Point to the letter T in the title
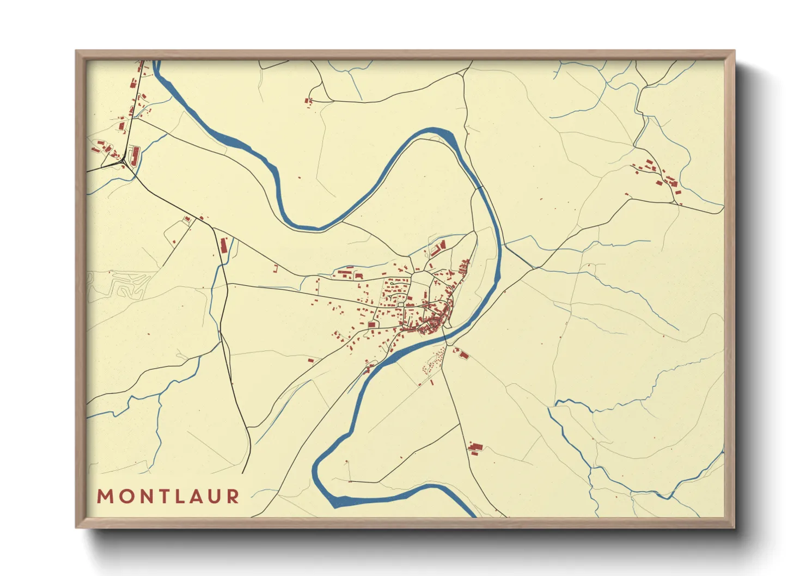click(160, 497)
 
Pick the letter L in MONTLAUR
click(177, 497)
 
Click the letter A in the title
click(194, 497)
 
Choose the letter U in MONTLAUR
click(214, 497)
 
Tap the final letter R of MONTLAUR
click(233, 497)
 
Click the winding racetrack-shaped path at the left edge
click(117, 285)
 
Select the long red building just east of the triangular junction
click(136, 154)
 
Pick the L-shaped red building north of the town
click(438, 249)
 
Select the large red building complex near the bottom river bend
click(475, 448)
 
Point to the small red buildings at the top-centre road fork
click(309, 101)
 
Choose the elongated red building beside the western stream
click(223, 245)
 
